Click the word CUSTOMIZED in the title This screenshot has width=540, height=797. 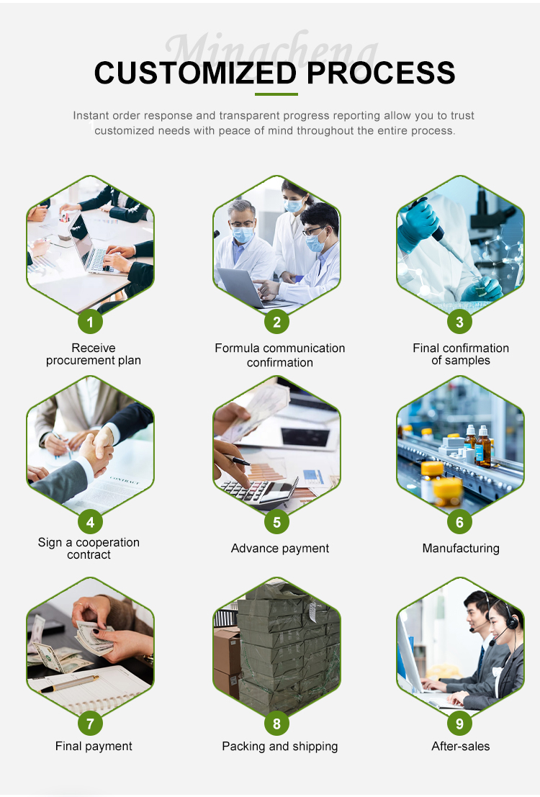tap(195, 73)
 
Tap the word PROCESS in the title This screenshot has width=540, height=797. tap(381, 73)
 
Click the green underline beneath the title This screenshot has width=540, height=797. tap(276, 94)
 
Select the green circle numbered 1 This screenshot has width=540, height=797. tap(91, 322)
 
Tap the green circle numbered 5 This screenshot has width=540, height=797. tap(276, 522)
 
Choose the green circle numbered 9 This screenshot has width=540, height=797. tap(459, 724)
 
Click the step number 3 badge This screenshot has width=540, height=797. tap(459, 322)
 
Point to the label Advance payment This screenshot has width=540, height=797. tap(279, 549)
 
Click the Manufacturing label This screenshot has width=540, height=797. tap(461, 549)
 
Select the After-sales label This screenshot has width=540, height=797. tap(461, 746)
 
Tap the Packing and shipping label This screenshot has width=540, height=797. tap(279, 747)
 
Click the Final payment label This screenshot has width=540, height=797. tap(94, 747)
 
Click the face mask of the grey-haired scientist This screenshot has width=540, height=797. tap(243, 234)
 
